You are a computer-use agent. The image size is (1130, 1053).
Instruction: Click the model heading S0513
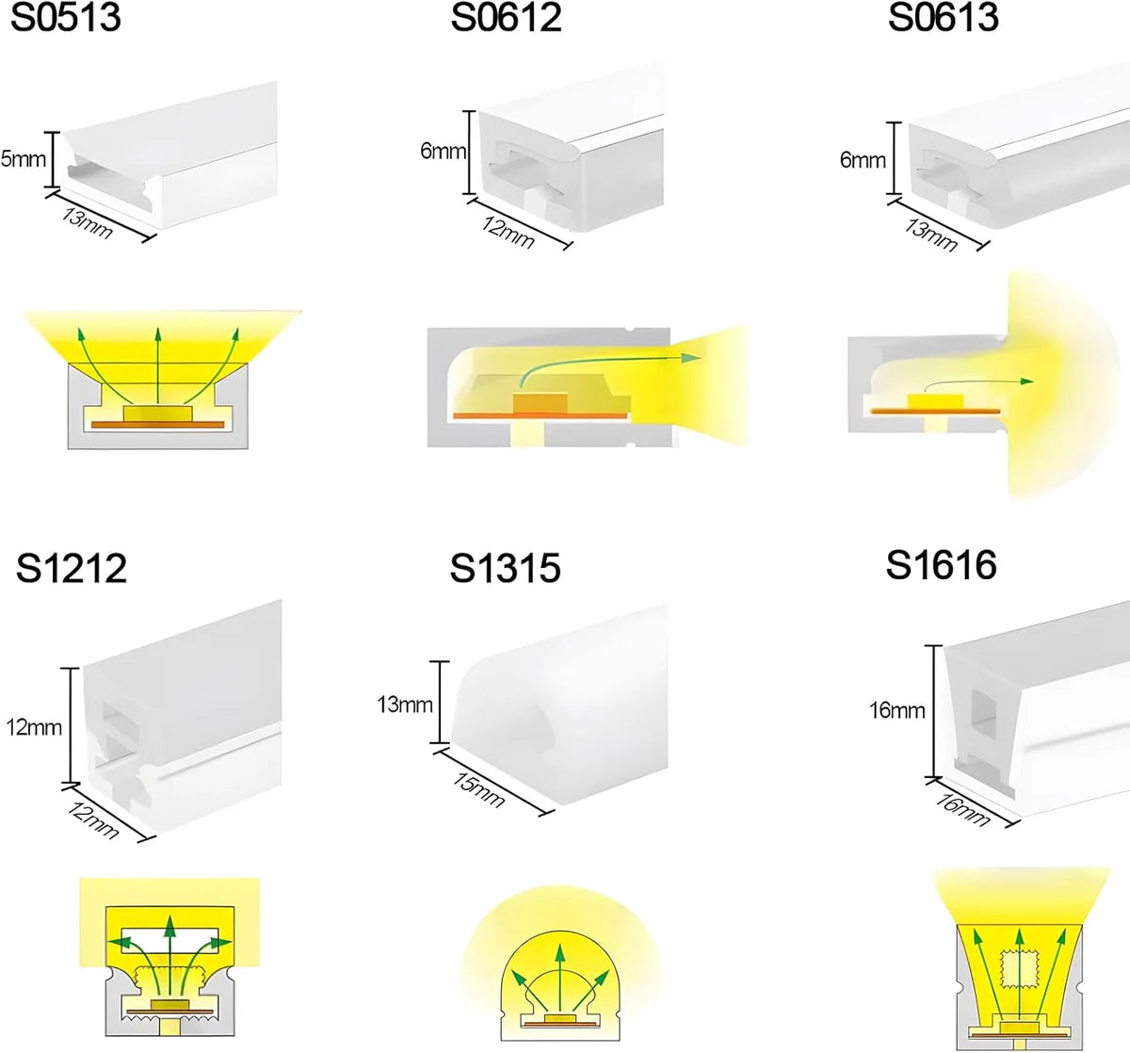point(66,18)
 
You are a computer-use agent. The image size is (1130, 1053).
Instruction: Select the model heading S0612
point(506,18)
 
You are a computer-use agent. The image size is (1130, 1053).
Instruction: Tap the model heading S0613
point(943,18)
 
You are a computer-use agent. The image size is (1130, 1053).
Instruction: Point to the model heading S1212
point(71,569)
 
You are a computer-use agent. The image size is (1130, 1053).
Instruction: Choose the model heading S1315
point(505,569)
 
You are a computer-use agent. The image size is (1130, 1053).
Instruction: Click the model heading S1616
point(941,565)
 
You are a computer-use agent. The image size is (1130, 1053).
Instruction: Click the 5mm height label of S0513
point(23,159)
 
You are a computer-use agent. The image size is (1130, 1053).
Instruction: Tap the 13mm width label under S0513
point(87,223)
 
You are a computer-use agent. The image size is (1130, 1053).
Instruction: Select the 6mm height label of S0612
point(443,151)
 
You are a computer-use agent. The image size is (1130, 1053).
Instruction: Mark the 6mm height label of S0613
point(863,160)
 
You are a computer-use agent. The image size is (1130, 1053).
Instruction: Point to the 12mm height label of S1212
point(34,727)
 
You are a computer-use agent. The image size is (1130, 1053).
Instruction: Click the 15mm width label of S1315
point(479,788)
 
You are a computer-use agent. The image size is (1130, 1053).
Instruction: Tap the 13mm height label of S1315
point(404,705)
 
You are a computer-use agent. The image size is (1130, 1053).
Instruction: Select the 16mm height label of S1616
point(896,710)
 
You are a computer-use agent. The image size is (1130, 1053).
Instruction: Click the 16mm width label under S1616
point(963,809)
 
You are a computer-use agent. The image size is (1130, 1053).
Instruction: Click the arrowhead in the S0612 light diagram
point(693,358)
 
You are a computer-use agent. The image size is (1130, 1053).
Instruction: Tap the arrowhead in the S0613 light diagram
point(1027,381)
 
